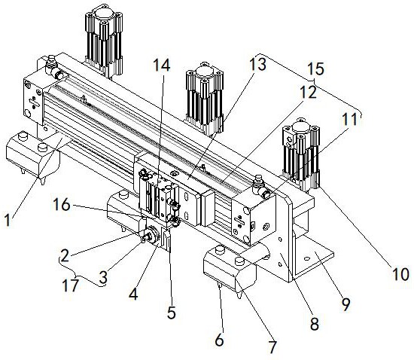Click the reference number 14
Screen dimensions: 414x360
point(162,66)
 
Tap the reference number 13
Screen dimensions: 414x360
point(258,65)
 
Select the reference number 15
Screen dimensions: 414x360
point(316,69)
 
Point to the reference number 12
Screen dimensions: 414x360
point(308,93)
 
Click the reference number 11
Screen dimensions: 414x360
point(349,119)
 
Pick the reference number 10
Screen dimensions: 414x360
point(400,274)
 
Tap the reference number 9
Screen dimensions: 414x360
point(346,304)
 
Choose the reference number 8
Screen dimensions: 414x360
point(314,324)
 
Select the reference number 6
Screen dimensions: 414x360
point(219,340)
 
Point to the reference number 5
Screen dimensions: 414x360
point(172,313)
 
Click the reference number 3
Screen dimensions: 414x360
point(103,277)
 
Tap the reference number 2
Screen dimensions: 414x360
point(65,255)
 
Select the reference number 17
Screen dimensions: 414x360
point(71,285)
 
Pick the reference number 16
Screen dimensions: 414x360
point(62,204)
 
